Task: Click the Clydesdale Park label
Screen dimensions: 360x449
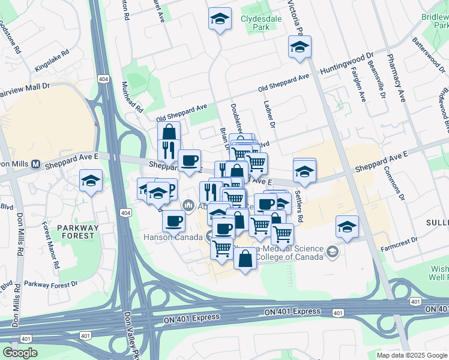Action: [257, 23]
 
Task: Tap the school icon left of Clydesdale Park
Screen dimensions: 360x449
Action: [220, 19]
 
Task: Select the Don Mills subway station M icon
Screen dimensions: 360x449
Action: [35, 164]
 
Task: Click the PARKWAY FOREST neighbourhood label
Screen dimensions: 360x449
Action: [77, 232]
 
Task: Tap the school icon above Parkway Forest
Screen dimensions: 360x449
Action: [91, 181]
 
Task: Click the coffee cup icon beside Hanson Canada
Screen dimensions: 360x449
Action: [173, 221]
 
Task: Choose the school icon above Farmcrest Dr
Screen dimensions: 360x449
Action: [347, 227]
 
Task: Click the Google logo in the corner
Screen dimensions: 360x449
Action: [20, 352]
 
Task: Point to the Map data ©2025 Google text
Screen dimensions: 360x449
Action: [411, 355]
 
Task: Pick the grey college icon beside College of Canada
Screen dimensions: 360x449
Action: [333, 252]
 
